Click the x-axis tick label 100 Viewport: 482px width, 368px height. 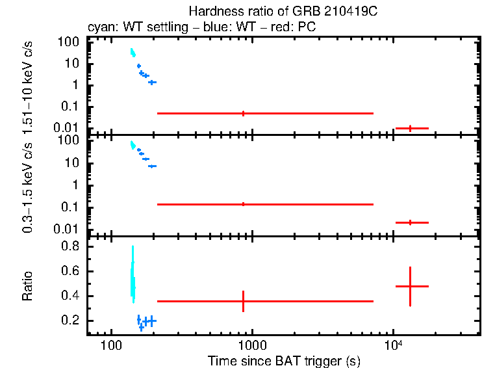point(111,344)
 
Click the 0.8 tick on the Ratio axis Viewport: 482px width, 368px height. point(72,247)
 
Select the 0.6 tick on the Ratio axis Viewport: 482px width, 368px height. point(72,272)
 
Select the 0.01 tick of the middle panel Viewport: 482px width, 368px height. point(68,229)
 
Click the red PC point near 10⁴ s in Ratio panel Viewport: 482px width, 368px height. point(411,286)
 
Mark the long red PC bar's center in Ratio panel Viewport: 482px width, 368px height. point(243,301)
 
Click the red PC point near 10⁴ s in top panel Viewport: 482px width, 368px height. point(411,128)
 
